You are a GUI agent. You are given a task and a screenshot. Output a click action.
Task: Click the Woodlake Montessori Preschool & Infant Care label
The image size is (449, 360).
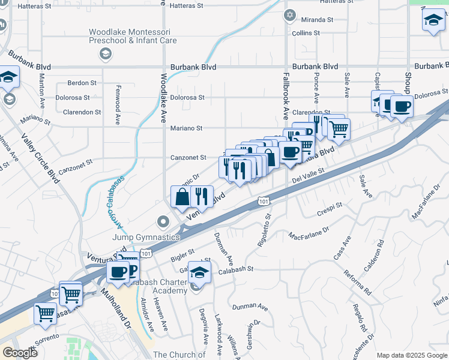click(133, 36)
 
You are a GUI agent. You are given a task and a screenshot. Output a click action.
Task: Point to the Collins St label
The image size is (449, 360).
click(306, 33)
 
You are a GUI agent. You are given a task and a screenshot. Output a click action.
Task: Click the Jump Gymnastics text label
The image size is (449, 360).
click(146, 237)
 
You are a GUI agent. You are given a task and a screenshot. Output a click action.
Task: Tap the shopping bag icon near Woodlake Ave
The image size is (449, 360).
click(181, 196)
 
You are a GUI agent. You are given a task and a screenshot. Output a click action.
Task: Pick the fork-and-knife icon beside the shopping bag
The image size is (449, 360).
click(202, 196)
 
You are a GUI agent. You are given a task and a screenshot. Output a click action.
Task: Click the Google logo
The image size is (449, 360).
click(20, 353)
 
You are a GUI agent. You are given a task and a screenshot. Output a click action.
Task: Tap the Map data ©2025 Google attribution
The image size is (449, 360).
click(411, 355)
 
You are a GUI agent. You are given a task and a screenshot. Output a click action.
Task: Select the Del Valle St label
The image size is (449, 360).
click(308, 176)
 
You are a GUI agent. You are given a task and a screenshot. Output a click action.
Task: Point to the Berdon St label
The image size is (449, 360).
click(82, 83)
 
